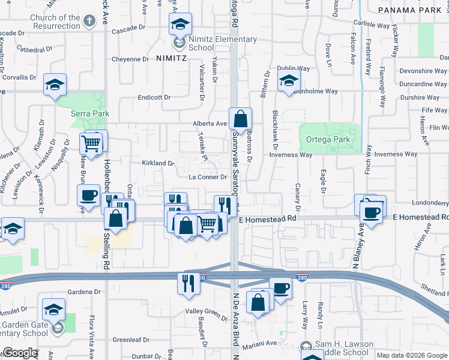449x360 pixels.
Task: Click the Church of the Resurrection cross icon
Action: pyautogui.click(x=89, y=22)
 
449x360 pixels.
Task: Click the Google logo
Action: pyautogui.click(x=19, y=353)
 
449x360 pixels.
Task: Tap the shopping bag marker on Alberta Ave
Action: pyautogui.click(x=240, y=119)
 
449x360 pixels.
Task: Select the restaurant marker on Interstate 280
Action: pyautogui.click(x=188, y=282)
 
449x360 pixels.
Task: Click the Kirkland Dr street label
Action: pyautogui.click(x=158, y=163)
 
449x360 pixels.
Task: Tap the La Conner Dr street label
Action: pyautogui.click(x=208, y=177)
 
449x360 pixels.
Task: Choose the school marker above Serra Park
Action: pyautogui.click(x=55, y=86)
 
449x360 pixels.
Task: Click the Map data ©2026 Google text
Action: pyautogui.click(x=411, y=355)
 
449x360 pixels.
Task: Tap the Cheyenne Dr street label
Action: pyautogui.click(x=130, y=59)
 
